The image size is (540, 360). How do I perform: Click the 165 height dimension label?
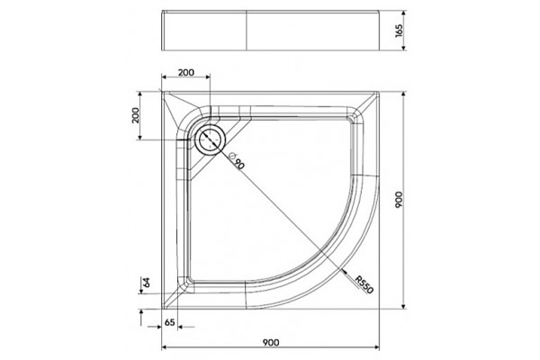(x=399, y=31)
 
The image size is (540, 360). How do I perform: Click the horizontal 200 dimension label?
(x=186, y=73)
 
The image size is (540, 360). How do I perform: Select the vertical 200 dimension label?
(x=136, y=115)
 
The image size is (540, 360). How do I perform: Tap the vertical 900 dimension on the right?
(x=399, y=200)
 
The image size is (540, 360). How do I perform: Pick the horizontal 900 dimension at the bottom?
(x=271, y=342)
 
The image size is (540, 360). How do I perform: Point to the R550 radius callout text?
(x=364, y=285)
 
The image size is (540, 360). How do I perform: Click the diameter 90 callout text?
(x=237, y=160)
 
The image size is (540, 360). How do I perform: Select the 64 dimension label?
(x=147, y=282)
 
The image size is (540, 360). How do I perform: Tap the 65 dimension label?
(x=169, y=322)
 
